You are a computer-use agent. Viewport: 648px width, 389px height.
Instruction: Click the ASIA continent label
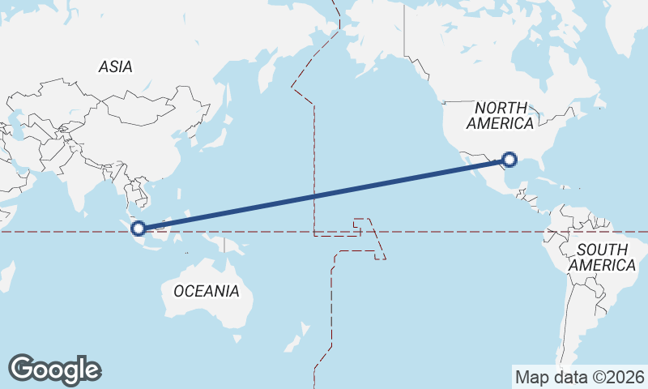115,67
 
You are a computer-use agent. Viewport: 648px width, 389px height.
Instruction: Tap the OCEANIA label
207,291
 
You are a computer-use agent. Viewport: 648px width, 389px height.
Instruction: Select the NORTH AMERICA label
500,115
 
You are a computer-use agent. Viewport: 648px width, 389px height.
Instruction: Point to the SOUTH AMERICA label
602,257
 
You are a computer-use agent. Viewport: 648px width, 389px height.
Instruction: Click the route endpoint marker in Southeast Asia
139,229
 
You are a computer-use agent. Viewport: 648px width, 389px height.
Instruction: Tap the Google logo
54,370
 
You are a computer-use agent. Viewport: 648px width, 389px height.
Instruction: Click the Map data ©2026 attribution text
580,377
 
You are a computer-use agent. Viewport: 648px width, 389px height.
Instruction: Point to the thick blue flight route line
324,194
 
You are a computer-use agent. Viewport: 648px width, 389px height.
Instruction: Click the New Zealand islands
301,332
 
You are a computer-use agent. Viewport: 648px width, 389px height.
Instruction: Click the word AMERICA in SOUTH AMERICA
602,265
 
